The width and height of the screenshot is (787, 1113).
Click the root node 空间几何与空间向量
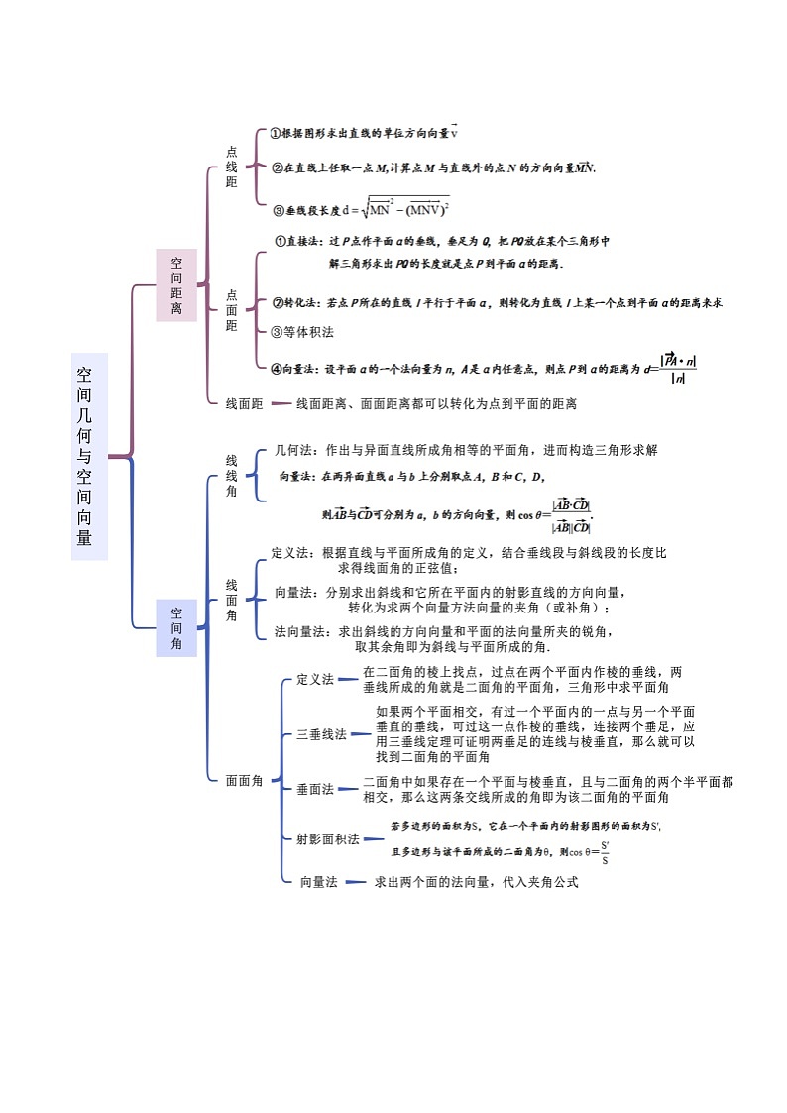88,456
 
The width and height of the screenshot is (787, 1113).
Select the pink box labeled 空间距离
176,285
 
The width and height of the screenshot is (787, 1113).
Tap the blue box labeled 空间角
176,627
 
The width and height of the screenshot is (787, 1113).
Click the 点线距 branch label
231,167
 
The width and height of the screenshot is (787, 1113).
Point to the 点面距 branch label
231,310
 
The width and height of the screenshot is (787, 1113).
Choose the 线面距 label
244,403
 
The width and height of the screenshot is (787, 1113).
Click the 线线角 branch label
231,476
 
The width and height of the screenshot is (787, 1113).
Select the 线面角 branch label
231,601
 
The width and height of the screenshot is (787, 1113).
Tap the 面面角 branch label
244,780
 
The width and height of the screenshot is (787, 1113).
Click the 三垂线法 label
321,734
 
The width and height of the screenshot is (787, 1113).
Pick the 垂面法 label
314,789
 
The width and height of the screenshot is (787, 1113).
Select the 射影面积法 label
327,838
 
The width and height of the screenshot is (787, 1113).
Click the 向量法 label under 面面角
319,881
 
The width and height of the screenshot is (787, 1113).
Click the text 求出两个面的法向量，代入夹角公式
475,881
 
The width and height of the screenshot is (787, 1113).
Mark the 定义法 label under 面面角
315,679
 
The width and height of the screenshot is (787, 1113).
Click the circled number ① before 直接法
280,241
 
